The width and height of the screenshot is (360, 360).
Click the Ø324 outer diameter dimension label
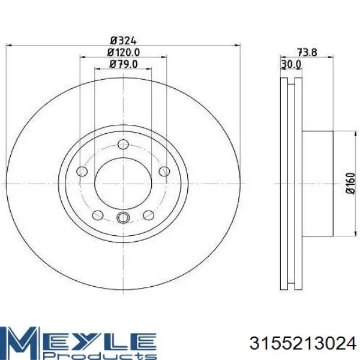point(123,41)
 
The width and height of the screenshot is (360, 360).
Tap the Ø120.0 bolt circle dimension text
point(123,53)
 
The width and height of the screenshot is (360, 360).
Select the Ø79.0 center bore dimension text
point(123,64)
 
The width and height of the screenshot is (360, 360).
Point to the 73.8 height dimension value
point(307,53)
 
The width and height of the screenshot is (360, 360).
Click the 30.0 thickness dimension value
point(291,65)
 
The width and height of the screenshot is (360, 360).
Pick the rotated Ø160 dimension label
point(350,183)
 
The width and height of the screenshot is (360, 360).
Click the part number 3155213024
point(303,343)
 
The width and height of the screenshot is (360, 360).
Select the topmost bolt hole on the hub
point(123,144)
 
